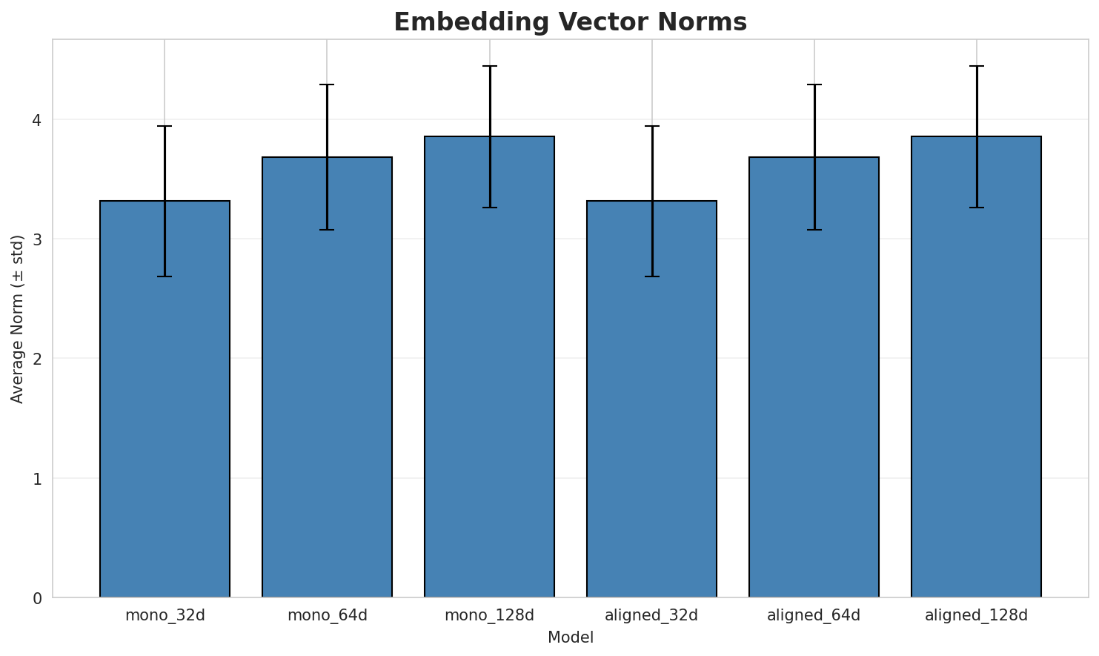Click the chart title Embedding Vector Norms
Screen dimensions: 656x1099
[x=570, y=22]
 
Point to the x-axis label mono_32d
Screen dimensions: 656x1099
[x=165, y=615]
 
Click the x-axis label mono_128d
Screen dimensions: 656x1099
[x=489, y=615]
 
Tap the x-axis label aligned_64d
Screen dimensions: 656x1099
[x=814, y=615]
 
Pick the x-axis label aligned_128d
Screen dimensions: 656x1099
[x=976, y=615]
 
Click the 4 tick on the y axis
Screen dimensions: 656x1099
[x=37, y=120]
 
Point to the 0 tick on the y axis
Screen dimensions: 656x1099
[x=37, y=598]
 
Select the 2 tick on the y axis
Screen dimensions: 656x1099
[x=37, y=359]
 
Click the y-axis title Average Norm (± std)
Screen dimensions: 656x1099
[x=18, y=319]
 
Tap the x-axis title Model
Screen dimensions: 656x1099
[x=570, y=637]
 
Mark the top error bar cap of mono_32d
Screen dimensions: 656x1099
[x=165, y=127]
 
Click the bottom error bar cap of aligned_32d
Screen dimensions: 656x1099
[x=651, y=276]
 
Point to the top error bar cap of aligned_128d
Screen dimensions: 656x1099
[x=976, y=66]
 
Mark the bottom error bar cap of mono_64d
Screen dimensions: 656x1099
[x=327, y=230]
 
